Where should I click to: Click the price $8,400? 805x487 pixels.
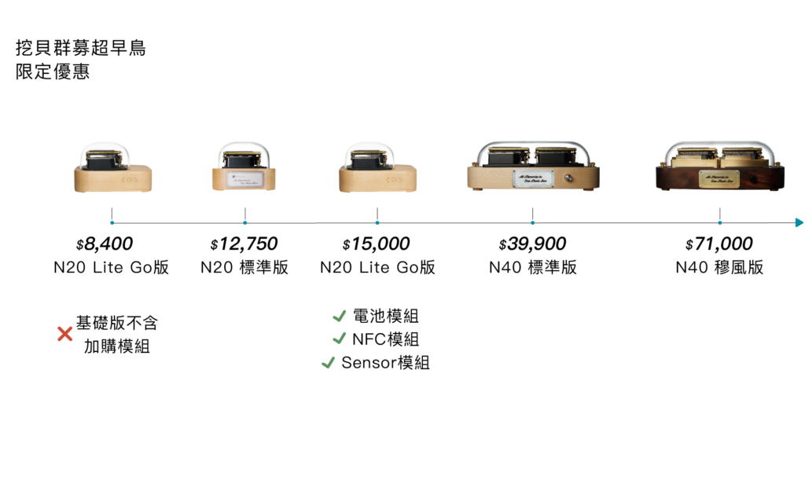(105, 243)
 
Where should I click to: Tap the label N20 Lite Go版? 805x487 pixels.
(111, 267)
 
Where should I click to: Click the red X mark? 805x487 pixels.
(65, 334)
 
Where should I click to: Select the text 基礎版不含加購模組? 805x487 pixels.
(116, 334)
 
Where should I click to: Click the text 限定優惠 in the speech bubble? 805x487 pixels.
(53, 71)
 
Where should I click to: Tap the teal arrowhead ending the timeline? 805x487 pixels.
(799, 223)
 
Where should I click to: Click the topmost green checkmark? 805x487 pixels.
(339, 316)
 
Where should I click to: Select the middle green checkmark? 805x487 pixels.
(339, 339)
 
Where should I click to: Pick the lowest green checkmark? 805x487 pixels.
(328, 362)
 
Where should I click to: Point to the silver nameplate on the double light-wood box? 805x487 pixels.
(533, 179)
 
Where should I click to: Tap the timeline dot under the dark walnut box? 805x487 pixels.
(720, 223)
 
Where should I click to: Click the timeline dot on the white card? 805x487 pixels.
(112, 223)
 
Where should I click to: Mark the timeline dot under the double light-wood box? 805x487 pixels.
(533, 223)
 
